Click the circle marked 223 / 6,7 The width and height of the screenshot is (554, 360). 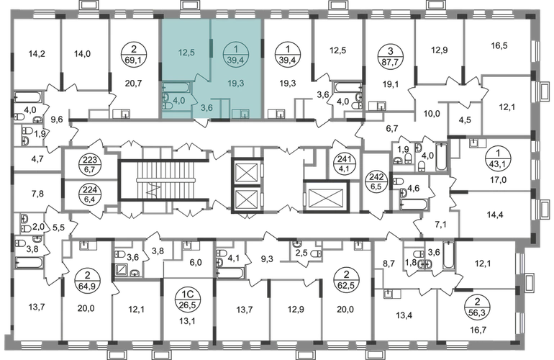tap(91, 165)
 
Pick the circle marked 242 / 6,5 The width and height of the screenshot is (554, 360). tap(376, 181)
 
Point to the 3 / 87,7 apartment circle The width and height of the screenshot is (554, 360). tap(390, 56)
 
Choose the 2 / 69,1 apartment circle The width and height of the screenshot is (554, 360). tap(133, 56)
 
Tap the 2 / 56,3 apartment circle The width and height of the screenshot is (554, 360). tap(478, 307)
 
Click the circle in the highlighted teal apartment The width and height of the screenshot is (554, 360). tap(236, 56)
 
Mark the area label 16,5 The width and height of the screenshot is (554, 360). tap(499, 45)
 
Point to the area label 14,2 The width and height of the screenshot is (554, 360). tap(37, 54)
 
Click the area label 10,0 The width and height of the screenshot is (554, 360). tap(432, 114)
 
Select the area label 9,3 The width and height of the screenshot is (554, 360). tap(267, 259)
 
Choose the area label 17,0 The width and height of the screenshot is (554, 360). tap(498, 180)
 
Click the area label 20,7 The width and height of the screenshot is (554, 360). tap(134, 84)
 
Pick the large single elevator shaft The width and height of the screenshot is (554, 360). tap(326, 197)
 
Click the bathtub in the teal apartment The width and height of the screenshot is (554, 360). tap(176, 87)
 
